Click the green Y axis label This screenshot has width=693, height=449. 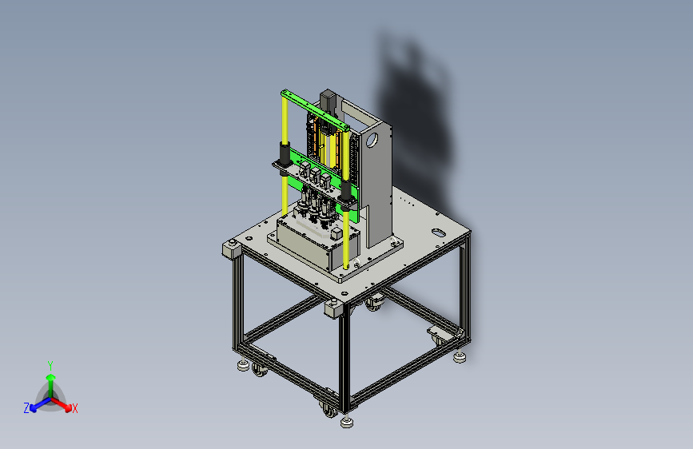50,365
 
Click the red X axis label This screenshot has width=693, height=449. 74,408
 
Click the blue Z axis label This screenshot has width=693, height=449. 26,408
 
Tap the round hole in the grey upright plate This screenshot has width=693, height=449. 372,140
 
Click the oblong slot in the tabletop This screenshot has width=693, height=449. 438,232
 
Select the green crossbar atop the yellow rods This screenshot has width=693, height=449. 315,110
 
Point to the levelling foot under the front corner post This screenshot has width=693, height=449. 347,422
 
